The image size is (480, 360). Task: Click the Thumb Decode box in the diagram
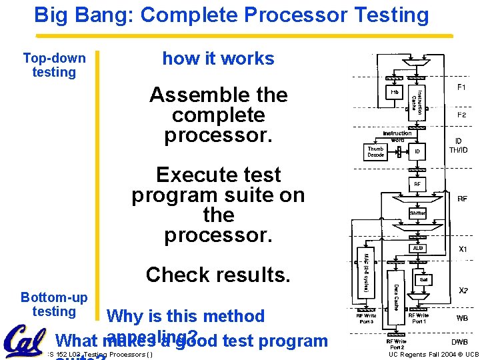(x=376, y=151)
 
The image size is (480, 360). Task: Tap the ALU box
(x=417, y=248)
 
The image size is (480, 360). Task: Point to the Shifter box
(x=417, y=213)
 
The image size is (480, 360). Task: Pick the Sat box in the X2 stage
(x=423, y=280)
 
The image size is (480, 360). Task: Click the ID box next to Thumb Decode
(x=417, y=152)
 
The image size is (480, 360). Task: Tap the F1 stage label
(x=461, y=87)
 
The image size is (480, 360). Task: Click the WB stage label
(x=461, y=318)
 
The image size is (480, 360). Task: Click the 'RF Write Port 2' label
(x=396, y=344)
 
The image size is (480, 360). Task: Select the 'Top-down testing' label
(x=54, y=65)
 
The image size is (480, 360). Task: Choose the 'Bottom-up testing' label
(x=54, y=304)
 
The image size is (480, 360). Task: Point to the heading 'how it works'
(x=218, y=59)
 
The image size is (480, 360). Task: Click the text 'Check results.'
(x=218, y=274)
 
